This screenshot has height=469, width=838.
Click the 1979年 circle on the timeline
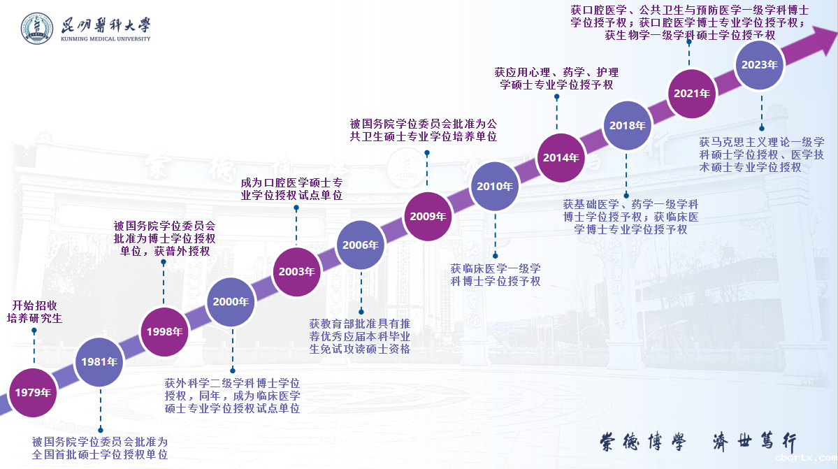pos(33,392)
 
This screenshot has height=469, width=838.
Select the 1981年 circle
pos(99,362)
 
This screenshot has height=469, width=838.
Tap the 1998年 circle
pos(165,331)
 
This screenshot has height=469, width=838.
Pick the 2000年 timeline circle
pos(231,302)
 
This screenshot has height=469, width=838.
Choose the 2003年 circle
pos(296,272)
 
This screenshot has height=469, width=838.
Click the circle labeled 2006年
pos(361,245)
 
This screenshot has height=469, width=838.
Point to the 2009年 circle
pos(428,216)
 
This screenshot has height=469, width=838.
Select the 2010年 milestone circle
pos(495,187)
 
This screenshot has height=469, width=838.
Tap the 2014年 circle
pos(561,157)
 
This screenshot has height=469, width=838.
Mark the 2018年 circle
pos(627,126)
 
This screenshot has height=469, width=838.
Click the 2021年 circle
pos(692,93)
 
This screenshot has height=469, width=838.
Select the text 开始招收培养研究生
pos(34,312)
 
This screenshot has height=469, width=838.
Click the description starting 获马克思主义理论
pos(762,154)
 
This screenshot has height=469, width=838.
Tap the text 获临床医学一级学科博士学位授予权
pos(495,275)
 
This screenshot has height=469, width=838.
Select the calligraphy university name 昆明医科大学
pos(105,24)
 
